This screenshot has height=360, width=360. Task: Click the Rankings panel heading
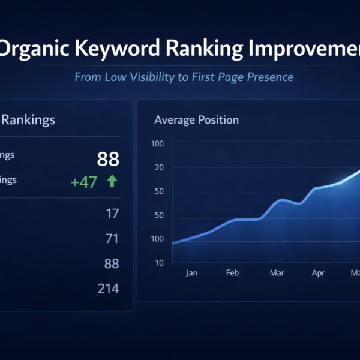click(29, 119)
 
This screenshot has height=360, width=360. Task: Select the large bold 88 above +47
click(108, 159)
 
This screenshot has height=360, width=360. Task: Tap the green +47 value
click(84, 182)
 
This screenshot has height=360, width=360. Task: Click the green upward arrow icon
click(112, 181)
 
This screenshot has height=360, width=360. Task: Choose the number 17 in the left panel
click(112, 213)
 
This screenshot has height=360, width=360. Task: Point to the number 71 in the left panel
click(112, 239)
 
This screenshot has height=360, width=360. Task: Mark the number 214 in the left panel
click(108, 289)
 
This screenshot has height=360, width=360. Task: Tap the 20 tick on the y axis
click(159, 167)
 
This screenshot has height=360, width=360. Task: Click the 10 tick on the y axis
click(159, 263)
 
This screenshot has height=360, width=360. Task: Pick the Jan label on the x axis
click(191, 273)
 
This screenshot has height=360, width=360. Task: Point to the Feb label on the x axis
click(232, 273)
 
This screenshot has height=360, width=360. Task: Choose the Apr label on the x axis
click(319, 273)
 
